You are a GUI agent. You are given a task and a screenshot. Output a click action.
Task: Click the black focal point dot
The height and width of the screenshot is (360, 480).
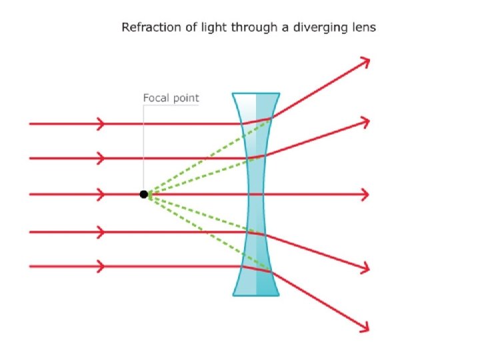(143, 194)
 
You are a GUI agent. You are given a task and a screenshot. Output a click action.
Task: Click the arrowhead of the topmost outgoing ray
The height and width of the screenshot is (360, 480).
(365, 61)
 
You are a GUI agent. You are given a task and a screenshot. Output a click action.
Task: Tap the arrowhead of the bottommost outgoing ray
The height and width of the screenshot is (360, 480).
(365, 327)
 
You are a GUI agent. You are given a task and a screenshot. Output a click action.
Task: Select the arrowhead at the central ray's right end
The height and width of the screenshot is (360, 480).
(365, 194)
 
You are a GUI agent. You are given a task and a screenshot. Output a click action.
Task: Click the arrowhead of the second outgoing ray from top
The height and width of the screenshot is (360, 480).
(365, 121)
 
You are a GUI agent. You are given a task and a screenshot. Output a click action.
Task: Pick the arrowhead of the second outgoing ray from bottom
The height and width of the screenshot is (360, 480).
(365, 268)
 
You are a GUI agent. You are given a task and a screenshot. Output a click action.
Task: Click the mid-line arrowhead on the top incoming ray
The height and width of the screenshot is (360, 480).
(101, 123)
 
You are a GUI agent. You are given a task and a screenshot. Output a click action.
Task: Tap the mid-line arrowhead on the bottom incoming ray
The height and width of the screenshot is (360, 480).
(101, 267)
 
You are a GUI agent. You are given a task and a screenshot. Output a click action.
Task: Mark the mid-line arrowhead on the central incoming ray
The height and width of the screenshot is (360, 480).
(101, 194)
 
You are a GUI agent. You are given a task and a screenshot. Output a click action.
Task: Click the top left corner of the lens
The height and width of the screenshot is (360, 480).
(233, 95)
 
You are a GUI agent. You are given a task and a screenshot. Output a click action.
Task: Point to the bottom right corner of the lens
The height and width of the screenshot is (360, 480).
(278, 295)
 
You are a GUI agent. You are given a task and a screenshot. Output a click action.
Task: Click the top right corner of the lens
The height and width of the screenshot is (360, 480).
(278, 95)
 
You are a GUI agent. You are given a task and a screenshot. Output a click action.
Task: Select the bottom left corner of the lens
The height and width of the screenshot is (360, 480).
(233, 295)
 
